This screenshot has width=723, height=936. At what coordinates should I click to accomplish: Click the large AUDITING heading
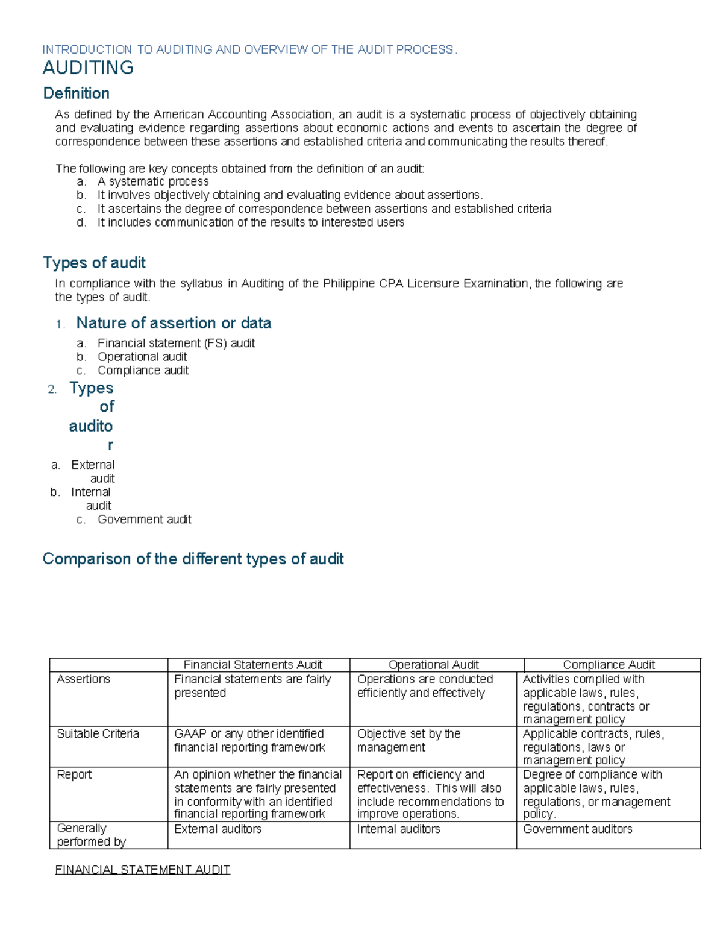click(88, 68)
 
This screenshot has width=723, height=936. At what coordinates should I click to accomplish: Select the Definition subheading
click(76, 93)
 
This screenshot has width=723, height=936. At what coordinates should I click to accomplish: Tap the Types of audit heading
click(94, 263)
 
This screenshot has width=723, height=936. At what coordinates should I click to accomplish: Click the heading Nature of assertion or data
click(174, 323)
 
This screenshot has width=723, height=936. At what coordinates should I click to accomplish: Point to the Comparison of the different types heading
click(193, 559)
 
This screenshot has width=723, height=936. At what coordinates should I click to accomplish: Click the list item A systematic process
click(153, 181)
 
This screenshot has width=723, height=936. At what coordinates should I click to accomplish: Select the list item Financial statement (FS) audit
click(176, 343)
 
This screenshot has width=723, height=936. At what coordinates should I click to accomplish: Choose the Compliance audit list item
click(143, 370)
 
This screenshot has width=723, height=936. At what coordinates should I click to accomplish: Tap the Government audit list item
click(144, 519)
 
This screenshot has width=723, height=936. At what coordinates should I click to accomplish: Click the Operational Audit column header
click(433, 665)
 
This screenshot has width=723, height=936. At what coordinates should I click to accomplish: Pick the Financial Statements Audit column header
click(252, 665)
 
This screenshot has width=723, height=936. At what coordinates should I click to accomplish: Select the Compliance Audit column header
click(609, 665)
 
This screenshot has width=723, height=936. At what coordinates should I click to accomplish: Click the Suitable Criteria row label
click(98, 733)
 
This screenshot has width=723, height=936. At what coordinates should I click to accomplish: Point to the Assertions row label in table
click(83, 679)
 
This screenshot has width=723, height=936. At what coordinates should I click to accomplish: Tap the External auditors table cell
click(218, 829)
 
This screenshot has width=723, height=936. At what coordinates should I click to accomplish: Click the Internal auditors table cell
click(398, 829)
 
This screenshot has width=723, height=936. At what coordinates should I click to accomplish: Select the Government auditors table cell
click(577, 829)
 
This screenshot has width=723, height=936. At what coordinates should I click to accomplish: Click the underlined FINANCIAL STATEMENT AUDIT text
click(142, 870)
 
